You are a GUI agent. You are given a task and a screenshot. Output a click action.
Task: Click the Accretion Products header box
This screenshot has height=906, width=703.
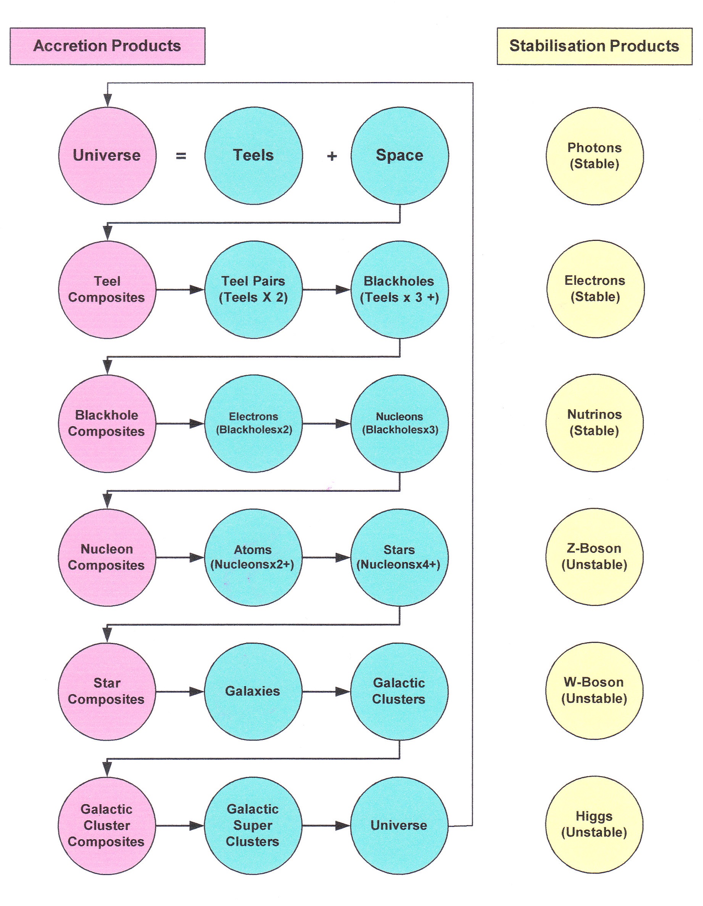click(x=107, y=46)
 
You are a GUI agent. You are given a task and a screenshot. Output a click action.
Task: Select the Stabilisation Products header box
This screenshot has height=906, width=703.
click(x=594, y=46)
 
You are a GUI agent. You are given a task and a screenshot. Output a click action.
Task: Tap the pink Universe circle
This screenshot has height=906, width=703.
click(x=107, y=155)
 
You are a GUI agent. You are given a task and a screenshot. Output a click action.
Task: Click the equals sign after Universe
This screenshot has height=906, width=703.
click(x=181, y=156)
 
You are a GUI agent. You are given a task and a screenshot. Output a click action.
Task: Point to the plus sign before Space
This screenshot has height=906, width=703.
click(x=331, y=156)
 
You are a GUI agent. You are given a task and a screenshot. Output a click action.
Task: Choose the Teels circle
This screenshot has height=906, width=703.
click(x=254, y=155)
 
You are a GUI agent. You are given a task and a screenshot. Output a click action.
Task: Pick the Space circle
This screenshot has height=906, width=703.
click(x=400, y=155)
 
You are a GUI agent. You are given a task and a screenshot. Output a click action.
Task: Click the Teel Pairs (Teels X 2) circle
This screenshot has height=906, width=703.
click(x=254, y=289)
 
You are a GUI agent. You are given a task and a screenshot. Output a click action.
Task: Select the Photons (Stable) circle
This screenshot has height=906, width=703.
click(x=594, y=156)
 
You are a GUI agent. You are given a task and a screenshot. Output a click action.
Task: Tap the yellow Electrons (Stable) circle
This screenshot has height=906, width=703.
click(x=595, y=289)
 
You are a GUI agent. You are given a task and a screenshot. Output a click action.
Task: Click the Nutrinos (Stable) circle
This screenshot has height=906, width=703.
click(x=594, y=423)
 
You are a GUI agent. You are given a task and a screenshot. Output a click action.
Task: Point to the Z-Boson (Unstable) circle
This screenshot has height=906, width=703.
click(x=594, y=557)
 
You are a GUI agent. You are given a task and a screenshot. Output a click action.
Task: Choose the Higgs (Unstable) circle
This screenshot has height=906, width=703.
click(x=594, y=825)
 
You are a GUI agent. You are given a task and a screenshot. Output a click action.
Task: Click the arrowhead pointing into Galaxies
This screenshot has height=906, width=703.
click(x=197, y=691)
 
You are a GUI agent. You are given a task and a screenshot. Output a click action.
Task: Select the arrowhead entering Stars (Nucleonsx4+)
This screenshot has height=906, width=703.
click(x=343, y=557)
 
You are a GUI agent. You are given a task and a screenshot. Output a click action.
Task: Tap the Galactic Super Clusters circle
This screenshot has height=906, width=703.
click(x=253, y=825)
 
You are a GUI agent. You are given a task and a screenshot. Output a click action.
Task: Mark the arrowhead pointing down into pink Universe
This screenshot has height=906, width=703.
click(x=107, y=100)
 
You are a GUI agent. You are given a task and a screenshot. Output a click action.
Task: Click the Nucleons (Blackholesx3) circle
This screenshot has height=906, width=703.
click(x=400, y=423)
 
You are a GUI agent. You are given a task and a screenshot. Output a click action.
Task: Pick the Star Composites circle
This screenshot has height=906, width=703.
click(x=107, y=691)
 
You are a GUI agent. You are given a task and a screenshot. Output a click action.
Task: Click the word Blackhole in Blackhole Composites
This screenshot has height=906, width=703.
click(x=107, y=415)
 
